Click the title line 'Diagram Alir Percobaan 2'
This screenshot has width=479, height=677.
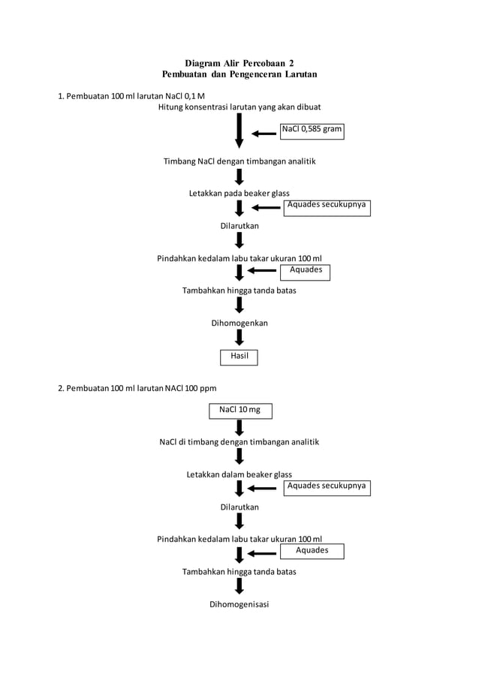[x=239, y=62]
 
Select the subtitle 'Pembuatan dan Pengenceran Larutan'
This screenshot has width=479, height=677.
[x=239, y=74]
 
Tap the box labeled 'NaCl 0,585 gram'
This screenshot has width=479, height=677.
[x=312, y=130]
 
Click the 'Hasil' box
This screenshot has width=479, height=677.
[x=239, y=357]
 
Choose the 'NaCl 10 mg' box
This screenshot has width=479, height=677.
[x=240, y=411]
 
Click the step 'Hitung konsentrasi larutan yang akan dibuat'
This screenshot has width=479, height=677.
[x=239, y=107]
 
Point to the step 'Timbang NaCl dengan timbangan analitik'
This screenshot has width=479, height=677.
[x=239, y=161]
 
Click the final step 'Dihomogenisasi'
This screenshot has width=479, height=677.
[x=239, y=604]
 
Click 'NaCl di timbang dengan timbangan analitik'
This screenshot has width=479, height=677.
[x=239, y=442]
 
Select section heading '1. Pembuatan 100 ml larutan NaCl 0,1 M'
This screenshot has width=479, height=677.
[x=131, y=96]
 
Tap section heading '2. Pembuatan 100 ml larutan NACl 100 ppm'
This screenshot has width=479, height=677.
[x=137, y=388]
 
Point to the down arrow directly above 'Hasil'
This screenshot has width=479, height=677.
[x=239, y=338]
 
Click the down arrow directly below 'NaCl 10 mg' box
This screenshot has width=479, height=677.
[x=239, y=427]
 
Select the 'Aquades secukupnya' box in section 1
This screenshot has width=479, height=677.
[x=327, y=207]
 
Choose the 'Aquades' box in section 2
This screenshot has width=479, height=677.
[x=312, y=552]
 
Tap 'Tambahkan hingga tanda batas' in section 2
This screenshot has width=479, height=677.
[x=239, y=572]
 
